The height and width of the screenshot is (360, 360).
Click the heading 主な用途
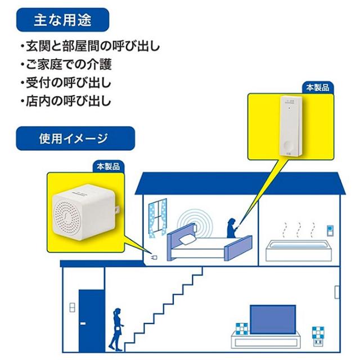62,20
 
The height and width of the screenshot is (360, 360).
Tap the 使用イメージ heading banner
75,138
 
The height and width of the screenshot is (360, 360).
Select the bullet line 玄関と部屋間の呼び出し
90,46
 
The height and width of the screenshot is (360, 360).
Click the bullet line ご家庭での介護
66,64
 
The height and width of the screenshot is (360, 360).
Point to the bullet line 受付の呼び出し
66,83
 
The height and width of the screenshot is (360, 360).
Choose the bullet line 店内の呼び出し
66,101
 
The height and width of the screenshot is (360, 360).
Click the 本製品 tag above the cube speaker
108,166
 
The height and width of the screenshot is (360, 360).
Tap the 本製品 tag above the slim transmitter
317,88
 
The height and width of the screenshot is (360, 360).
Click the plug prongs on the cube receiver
118,210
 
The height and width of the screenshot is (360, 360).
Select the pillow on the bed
187,239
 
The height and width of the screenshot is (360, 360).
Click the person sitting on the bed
232,228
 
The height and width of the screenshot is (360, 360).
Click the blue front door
92,321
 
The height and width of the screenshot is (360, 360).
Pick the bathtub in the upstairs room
299,250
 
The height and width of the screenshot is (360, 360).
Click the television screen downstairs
272,319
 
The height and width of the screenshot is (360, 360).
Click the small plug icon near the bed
154,258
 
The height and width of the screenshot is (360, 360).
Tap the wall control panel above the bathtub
330,231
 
